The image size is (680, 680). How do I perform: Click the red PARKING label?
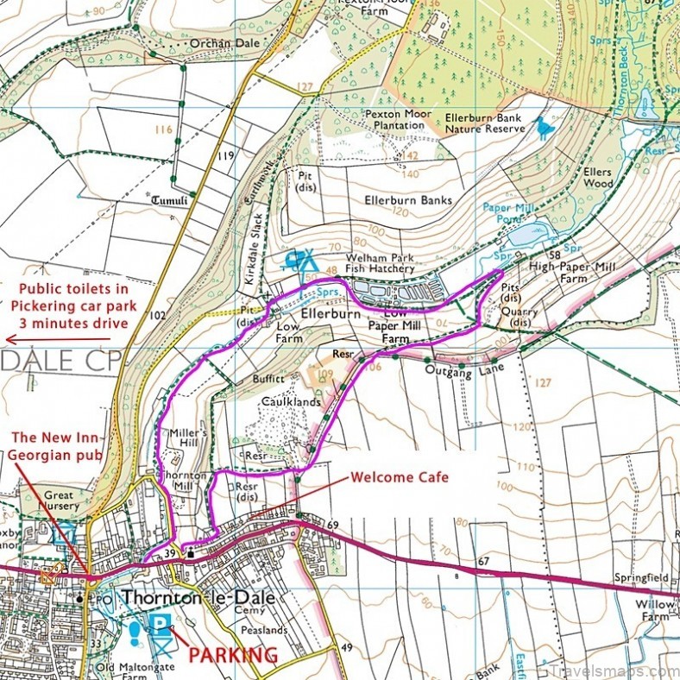pyautogui.click(x=233, y=655)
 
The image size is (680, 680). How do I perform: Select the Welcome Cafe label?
pyautogui.click(x=399, y=477)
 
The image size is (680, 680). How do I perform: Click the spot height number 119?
pyautogui.click(x=226, y=156)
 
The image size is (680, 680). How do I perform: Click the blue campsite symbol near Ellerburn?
pyautogui.click(x=300, y=257)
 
